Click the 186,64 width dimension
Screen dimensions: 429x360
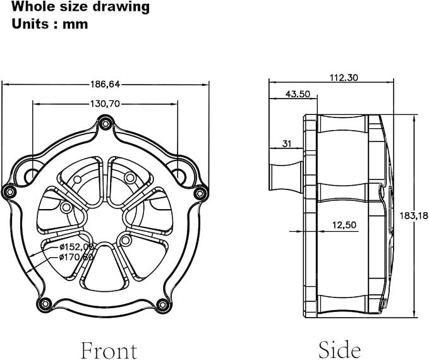click(x=106, y=84)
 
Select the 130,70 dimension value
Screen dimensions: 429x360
click(x=106, y=104)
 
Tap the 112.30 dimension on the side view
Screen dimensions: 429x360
click(x=344, y=78)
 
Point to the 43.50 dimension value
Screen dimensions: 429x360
click(x=298, y=94)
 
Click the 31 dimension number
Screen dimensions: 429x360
click(x=287, y=143)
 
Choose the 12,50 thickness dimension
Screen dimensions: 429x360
click(x=344, y=225)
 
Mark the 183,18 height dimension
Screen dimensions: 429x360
click(x=414, y=216)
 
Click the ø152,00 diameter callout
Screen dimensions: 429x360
click(x=76, y=247)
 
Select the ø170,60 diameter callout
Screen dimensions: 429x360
click(x=76, y=257)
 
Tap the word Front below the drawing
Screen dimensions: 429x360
click(x=109, y=350)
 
